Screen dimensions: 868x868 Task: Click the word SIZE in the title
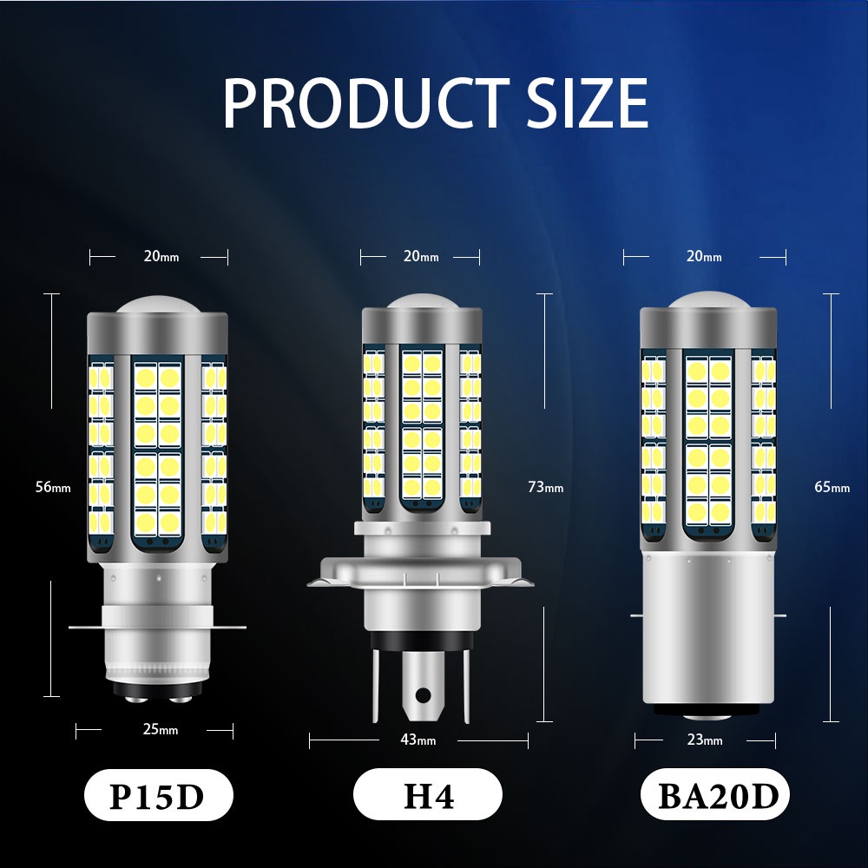coord(588,102)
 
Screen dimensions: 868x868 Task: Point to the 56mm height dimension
coord(53,487)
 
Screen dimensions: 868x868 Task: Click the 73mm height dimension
coord(545,487)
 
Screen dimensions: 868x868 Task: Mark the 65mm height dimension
coord(832,487)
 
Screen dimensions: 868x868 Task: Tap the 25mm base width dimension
coord(161,729)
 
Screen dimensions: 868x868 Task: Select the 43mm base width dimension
coord(418,740)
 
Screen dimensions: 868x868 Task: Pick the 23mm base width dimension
coord(705,740)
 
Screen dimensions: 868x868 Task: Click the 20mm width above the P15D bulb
coord(161,256)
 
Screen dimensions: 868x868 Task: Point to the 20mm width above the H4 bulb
coord(421,256)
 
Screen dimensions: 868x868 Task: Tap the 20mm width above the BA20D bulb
coord(704,256)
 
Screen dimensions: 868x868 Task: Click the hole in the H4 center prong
coord(422,694)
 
